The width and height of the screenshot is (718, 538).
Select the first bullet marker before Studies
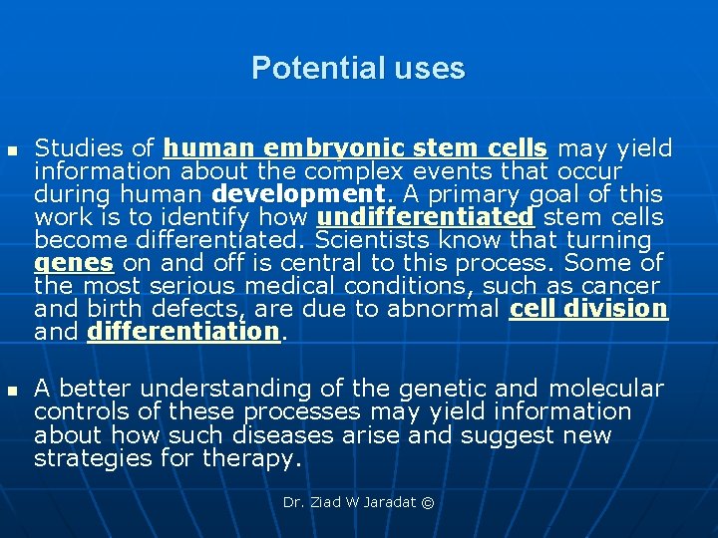tap(12, 149)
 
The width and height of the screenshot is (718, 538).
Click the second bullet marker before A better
tap(12, 390)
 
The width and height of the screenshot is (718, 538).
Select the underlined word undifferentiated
tap(426, 217)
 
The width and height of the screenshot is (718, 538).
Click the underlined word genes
tap(75, 263)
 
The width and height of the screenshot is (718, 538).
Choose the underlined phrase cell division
tap(588, 309)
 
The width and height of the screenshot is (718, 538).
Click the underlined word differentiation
tap(183, 332)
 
